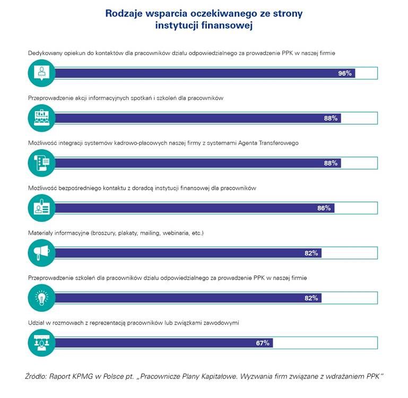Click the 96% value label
click(x=345, y=73)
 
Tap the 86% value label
click(x=324, y=208)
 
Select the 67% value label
click(x=263, y=343)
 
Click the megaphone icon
click(x=41, y=253)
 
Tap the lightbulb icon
click(x=41, y=298)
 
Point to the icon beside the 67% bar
click(x=41, y=343)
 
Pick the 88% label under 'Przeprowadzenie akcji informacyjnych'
click(x=331, y=118)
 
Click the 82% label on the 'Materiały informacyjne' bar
click(x=311, y=253)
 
